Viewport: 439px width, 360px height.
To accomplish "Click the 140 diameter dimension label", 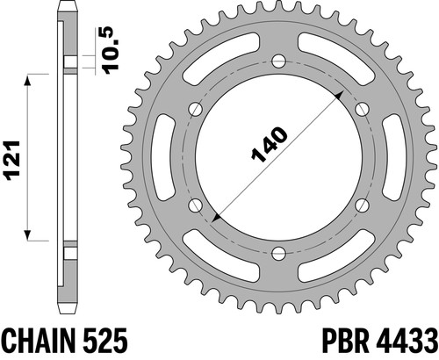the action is point(270,144).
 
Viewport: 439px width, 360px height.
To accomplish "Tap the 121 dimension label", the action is point(11,161).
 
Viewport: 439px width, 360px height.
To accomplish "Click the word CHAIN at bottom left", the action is point(37,341).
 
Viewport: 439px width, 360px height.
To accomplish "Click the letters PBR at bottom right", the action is point(346,341).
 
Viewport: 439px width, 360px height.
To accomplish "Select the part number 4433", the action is point(407,341).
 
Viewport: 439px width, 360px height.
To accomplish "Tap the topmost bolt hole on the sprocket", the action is point(278,61).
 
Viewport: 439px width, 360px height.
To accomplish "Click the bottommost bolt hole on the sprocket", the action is point(278,253).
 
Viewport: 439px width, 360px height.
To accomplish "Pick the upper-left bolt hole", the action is point(196,109).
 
